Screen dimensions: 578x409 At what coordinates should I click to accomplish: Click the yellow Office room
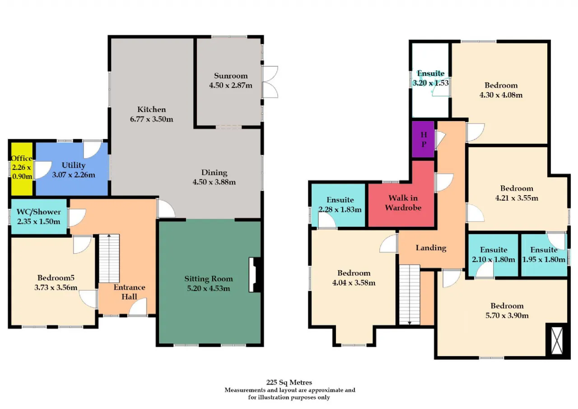(22, 169)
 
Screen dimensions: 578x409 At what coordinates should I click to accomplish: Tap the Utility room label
(74, 165)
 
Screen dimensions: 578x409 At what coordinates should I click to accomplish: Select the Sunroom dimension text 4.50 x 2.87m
(231, 85)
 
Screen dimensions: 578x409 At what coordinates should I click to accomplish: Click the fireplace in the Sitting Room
(255, 274)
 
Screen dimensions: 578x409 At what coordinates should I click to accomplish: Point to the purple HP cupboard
(423, 139)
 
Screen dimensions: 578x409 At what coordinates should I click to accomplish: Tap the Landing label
(431, 248)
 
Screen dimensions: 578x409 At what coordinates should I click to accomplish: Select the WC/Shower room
(39, 216)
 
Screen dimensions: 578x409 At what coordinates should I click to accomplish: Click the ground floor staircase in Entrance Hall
(109, 258)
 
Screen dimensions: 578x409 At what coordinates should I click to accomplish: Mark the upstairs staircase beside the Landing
(410, 295)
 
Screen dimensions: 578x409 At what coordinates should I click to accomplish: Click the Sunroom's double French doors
(270, 82)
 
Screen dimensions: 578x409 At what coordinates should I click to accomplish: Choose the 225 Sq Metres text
(289, 382)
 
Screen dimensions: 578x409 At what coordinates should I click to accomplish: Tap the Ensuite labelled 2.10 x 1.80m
(494, 255)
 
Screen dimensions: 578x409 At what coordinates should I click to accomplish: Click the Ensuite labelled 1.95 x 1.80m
(544, 255)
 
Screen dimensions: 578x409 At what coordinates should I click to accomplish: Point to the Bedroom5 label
(56, 277)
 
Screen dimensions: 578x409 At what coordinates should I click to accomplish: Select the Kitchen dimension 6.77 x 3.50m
(151, 119)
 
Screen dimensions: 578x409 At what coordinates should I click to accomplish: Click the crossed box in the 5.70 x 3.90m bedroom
(557, 340)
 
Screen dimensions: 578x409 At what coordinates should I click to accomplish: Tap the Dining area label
(214, 172)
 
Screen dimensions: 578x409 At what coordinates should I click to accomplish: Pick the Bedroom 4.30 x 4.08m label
(501, 90)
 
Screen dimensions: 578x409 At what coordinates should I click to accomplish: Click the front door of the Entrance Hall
(138, 307)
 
